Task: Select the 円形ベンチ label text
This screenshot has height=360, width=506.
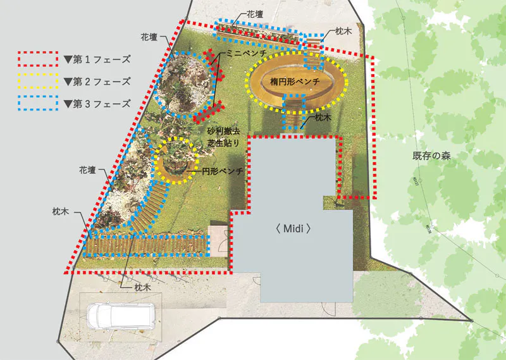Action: pyautogui.click(x=223, y=171)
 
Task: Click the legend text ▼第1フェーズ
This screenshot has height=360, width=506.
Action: pyautogui.click(x=97, y=59)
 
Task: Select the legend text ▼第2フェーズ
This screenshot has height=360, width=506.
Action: pyautogui.click(x=97, y=82)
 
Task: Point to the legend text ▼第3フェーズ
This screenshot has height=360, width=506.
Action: pyautogui.click(x=97, y=104)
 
